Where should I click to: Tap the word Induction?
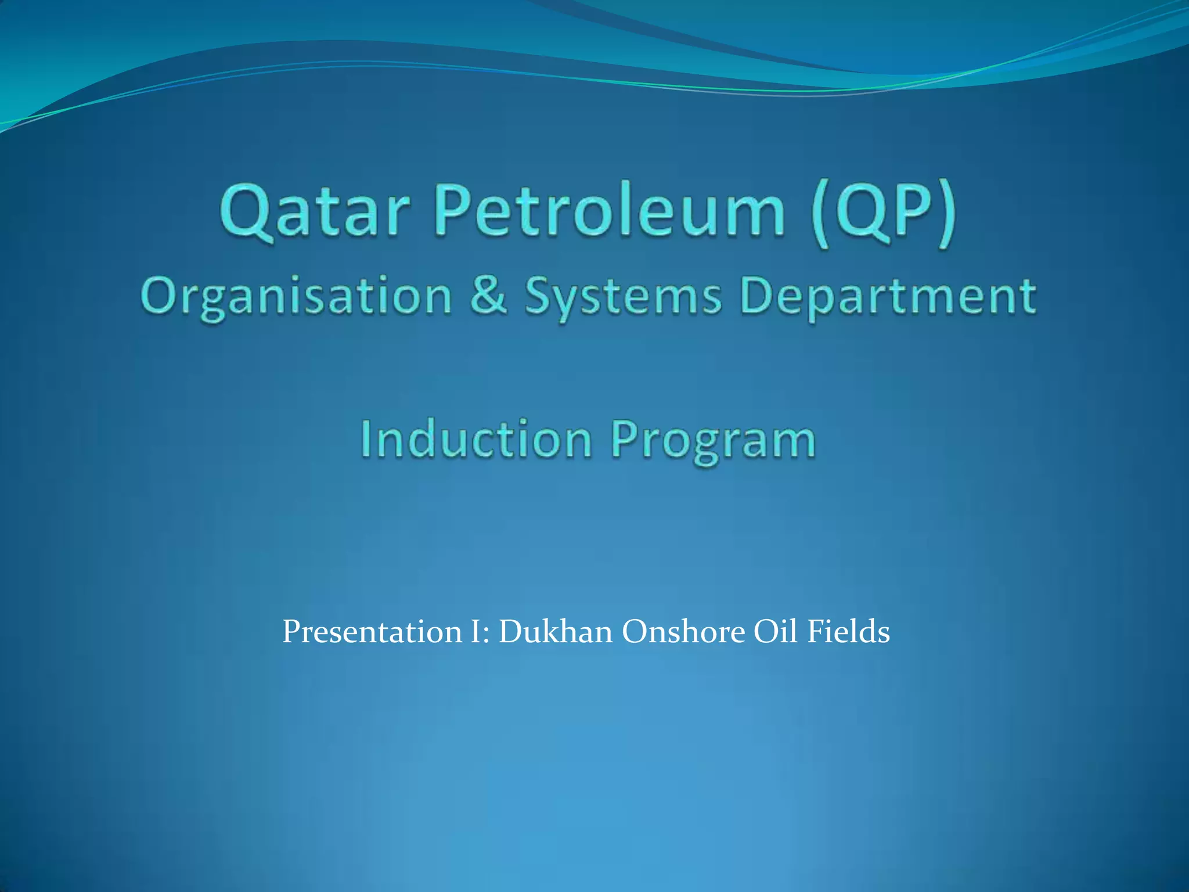[x=476, y=439]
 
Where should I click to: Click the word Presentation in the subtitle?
[x=372, y=632]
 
